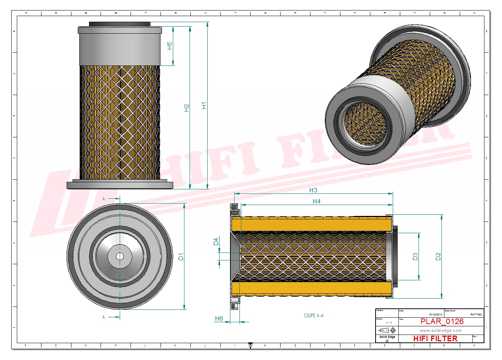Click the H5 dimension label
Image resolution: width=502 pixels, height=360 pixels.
point(169,46)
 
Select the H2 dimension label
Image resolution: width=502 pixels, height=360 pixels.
point(186,108)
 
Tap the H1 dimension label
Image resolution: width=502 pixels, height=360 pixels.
point(204,106)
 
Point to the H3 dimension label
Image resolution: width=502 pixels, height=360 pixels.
point(313,190)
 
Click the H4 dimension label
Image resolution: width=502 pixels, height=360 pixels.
point(316,201)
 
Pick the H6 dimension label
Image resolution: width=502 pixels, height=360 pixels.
point(219,318)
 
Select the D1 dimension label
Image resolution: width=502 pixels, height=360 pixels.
point(181,257)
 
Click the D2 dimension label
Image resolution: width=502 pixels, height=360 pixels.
point(438,256)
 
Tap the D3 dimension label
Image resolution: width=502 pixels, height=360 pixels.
point(415,256)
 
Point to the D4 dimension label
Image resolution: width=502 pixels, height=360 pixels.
point(216,242)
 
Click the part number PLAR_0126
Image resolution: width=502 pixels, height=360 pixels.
point(442,321)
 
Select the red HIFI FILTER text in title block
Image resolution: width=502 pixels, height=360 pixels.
point(435,338)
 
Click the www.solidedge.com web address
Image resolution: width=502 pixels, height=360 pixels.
point(440,330)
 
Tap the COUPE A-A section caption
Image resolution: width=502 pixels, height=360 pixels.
point(313,315)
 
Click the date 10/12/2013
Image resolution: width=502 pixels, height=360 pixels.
point(435,315)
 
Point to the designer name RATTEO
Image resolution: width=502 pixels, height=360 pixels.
point(476,315)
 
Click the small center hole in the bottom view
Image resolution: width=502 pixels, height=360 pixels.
point(120,256)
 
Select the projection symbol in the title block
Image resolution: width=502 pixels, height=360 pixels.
point(387,330)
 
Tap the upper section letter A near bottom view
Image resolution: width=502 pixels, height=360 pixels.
point(104,199)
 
